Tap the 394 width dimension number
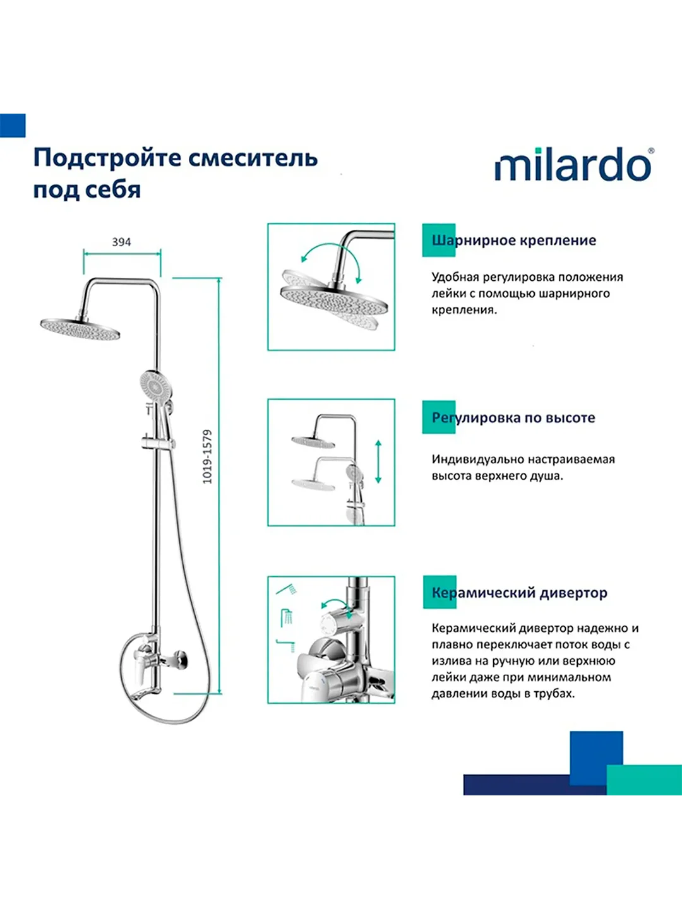pos(121,242)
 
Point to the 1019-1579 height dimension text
pos(207,457)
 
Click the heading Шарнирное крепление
pos(514,241)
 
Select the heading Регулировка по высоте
pos(513,417)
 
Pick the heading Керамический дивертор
pos(519,593)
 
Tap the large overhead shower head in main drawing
pos(80,330)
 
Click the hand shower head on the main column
pos(155,386)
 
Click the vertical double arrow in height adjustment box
pos(378,461)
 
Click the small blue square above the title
pos(13,126)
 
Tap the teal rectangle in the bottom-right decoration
pos(644,780)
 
